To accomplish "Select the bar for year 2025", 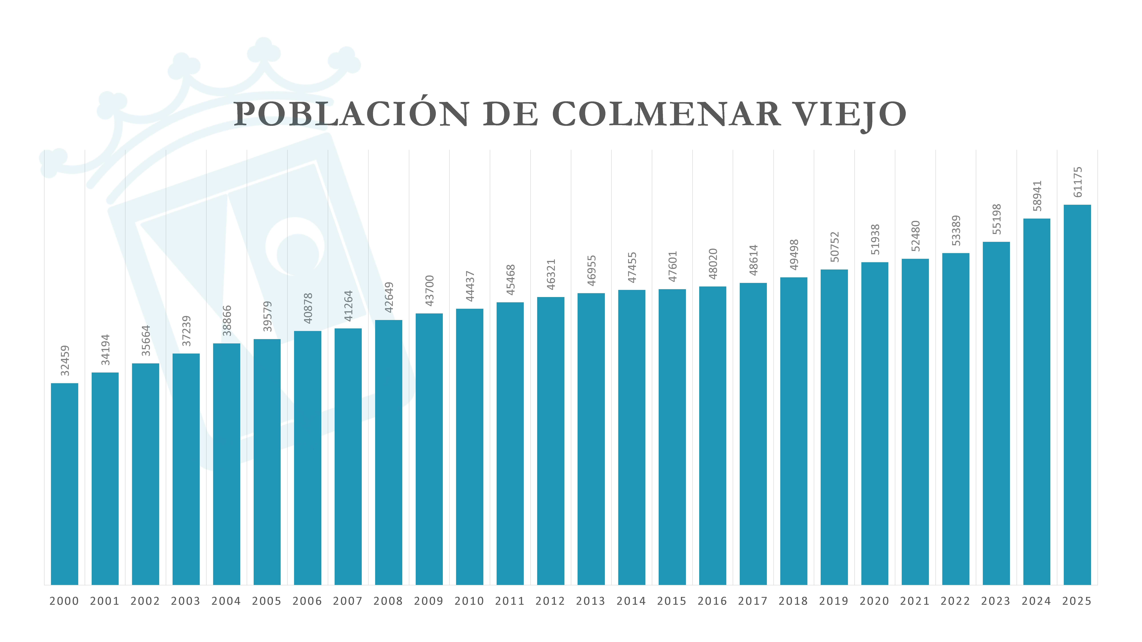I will click(x=1077, y=394).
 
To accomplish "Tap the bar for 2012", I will click(x=551, y=441).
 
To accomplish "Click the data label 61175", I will click(x=1078, y=182).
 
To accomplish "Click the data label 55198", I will click(x=997, y=219).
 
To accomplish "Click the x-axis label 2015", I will click(x=672, y=601).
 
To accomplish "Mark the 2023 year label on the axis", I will click(x=996, y=601).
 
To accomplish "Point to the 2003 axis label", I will click(x=186, y=601).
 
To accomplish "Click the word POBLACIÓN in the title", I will click(x=351, y=114).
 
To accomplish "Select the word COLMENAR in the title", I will click(x=666, y=114).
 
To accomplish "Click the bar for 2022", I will click(x=956, y=419).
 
